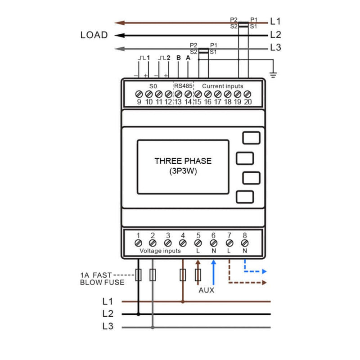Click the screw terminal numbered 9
(x=139, y=94)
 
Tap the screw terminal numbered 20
(x=247, y=94)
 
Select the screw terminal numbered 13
(x=178, y=94)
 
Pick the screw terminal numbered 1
(x=138, y=243)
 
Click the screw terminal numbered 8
(x=245, y=243)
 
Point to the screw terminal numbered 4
(x=183, y=243)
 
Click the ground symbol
(x=273, y=75)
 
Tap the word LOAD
(x=94, y=35)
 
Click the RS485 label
(x=183, y=86)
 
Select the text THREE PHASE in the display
(x=183, y=161)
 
